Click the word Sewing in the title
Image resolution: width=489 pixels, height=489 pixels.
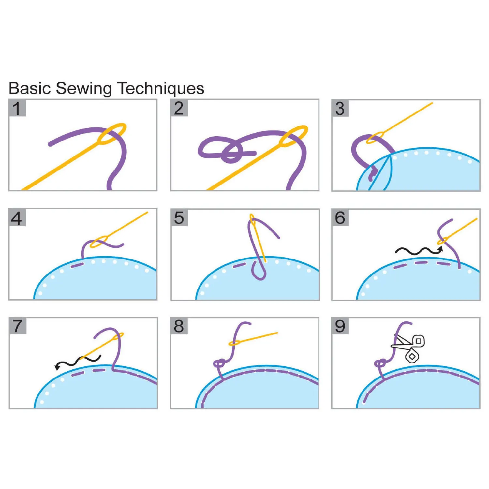(x=83, y=89)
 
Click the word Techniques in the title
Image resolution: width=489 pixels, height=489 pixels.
(x=161, y=89)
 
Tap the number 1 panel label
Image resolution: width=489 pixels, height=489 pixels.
(x=17, y=109)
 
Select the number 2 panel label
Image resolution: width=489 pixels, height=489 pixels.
(x=179, y=109)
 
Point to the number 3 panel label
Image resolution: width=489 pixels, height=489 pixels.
(x=340, y=109)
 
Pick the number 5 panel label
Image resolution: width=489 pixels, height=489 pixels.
(x=179, y=218)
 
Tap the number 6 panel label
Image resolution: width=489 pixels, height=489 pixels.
(x=340, y=218)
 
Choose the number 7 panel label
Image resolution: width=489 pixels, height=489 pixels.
(x=17, y=326)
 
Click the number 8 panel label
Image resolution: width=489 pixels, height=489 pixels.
(x=179, y=326)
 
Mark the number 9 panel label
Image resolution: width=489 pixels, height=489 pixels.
(x=340, y=326)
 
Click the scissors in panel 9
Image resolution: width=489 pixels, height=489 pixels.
(x=409, y=348)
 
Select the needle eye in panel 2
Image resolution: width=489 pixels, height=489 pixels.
(x=293, y=136)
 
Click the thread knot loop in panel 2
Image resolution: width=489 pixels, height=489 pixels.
(x=231, y=153)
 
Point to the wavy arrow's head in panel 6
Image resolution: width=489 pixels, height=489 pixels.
(x=440, y=249)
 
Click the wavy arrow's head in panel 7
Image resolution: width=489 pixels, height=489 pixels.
(x=57, y=367)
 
